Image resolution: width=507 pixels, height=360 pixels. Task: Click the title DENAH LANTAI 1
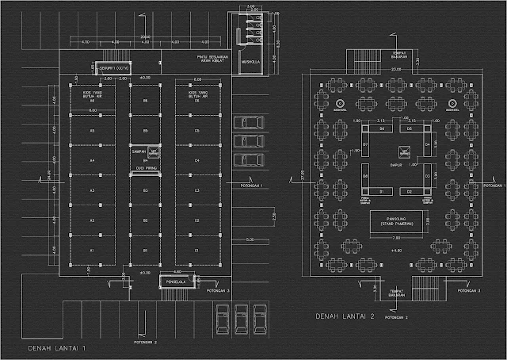(x=56, y=347)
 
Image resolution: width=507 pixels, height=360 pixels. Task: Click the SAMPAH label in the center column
(x=146, y=148)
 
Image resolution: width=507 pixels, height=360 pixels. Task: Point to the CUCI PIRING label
(x=146, y=169)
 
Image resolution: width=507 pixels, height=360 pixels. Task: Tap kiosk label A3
(x=92, y=191)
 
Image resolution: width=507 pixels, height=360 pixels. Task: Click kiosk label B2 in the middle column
(x=146, y=220)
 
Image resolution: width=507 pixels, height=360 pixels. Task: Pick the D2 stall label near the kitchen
(x=410, y=192)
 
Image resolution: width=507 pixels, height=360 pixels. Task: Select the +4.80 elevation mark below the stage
(x=397, y=251)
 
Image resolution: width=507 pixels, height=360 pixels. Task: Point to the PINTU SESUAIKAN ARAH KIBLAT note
(x=208, y=60)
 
